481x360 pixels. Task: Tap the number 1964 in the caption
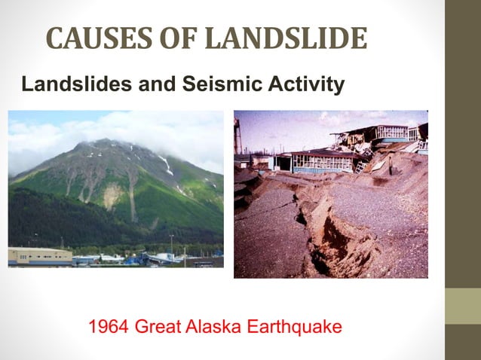108,328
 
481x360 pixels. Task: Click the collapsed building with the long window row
320,162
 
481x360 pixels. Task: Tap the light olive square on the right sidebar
463,306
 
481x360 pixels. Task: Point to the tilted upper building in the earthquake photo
377,136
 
